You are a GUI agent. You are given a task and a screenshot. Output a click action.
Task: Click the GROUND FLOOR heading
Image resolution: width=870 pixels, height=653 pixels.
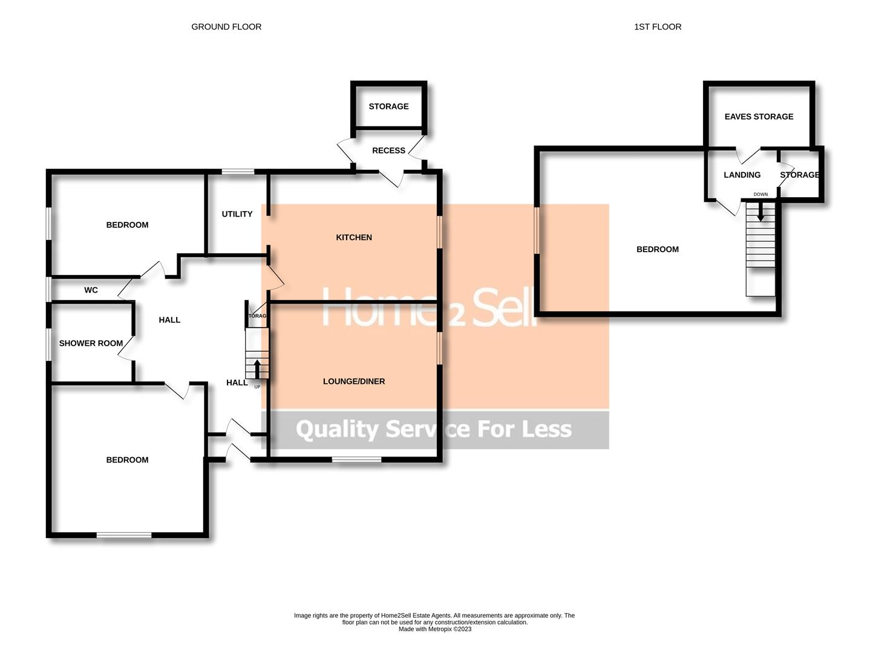click(226, 27)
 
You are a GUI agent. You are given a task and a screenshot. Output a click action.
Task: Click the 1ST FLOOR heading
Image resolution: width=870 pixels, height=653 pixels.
click(658, 27)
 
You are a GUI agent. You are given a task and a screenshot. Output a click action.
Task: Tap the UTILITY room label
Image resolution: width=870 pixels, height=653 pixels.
click(237, 214)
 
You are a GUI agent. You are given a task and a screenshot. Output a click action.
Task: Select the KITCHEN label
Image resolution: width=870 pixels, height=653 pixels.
click(354, 238)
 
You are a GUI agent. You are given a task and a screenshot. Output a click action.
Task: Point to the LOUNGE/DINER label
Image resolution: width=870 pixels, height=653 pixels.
click(354, 382)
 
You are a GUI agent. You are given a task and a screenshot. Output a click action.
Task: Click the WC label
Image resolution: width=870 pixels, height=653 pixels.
click(91, 290)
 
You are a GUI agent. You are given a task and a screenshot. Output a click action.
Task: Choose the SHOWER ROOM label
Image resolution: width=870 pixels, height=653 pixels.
click(91, 343)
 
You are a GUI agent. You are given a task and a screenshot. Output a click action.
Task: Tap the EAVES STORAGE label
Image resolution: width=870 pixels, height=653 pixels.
click(759, 117)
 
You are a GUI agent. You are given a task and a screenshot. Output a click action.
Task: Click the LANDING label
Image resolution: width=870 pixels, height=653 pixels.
click(742, 175)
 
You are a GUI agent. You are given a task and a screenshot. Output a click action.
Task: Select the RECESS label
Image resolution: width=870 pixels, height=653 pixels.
click(388, 151)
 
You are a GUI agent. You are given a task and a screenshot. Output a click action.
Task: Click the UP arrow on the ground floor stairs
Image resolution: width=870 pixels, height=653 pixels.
click(257, 368)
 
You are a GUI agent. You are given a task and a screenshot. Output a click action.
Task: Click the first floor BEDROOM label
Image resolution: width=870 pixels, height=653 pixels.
click(658, 249)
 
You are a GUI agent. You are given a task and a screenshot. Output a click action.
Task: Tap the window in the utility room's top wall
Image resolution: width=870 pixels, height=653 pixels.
click(238, 172)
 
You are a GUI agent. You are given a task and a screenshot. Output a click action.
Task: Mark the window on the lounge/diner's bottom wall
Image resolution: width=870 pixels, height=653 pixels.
click(356, 460)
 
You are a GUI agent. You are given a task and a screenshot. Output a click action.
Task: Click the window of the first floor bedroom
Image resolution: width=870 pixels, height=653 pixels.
click(536, 230)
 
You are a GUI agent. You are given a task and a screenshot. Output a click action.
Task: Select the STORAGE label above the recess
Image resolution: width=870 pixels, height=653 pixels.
click(388, 106)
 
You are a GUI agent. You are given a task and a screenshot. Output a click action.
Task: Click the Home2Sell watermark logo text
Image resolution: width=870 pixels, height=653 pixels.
click(430, 308)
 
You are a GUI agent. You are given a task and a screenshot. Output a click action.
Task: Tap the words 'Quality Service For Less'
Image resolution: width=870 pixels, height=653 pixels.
click(434, 429)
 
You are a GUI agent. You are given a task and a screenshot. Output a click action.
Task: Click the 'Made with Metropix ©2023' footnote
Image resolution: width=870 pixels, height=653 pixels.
click(434, 629)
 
